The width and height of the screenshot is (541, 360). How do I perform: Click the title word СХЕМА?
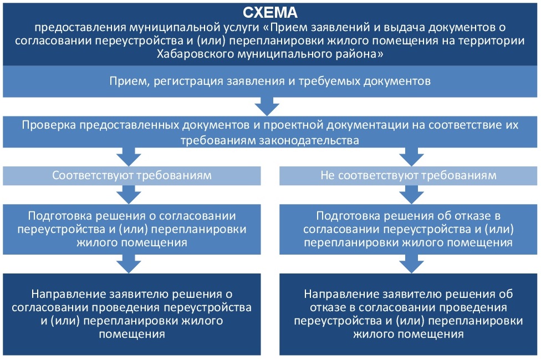[270, 13]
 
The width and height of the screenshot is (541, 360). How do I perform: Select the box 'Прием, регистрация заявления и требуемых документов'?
[270, 82]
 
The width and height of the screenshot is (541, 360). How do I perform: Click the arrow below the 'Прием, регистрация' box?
[267, 107]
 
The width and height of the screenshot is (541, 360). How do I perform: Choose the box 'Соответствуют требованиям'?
[132, 176]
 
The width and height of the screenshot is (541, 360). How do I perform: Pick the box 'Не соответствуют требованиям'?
[408, 176]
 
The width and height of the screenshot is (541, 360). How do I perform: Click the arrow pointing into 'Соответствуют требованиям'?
[129, 157]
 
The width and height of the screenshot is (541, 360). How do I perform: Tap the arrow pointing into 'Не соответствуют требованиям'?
[411, 157]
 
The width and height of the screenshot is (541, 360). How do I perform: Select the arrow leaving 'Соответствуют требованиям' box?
[129, 195]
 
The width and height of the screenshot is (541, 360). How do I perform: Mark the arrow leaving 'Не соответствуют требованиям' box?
[411, 195]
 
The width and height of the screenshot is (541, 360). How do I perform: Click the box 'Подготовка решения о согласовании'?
[132, 229]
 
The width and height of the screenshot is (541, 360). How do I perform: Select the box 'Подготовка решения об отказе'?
[408, 229]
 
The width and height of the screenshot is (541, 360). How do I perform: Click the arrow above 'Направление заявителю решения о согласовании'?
[129, 264]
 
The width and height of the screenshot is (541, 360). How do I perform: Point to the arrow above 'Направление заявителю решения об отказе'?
[411, 264]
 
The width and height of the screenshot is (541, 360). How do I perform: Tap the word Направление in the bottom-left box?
[68, 294]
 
